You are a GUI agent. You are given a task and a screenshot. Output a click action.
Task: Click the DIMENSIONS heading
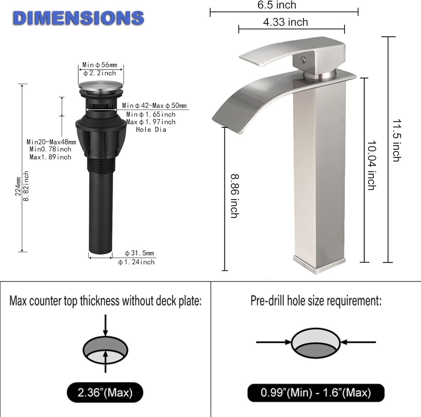78,18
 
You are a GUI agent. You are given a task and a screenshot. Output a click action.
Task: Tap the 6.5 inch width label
277,5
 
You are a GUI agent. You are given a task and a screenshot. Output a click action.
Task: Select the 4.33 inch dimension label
285,22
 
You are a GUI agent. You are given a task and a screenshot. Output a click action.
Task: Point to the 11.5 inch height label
396,140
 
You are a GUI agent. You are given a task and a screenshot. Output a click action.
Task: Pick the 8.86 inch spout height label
234,196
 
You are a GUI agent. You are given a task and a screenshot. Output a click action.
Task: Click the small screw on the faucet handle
303,60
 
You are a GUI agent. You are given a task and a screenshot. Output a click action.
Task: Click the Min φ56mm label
100,65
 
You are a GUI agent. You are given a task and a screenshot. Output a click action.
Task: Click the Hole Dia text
151,130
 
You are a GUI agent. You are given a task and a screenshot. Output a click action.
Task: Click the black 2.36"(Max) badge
105,393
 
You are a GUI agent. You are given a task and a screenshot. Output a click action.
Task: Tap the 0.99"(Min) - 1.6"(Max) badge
316,393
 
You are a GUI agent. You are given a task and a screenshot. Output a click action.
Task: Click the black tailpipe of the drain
100,222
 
